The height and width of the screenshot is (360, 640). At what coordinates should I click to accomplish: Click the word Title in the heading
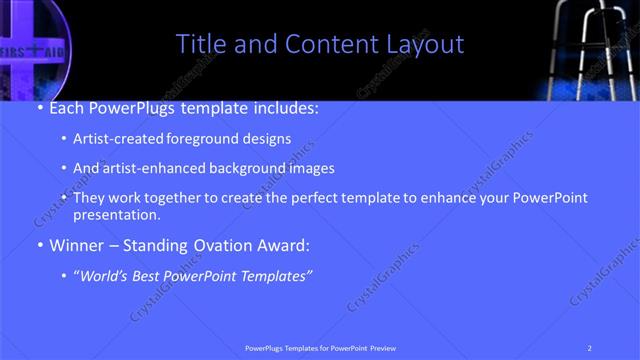[199, 44]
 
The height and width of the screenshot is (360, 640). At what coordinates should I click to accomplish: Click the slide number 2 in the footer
[589, 347]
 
